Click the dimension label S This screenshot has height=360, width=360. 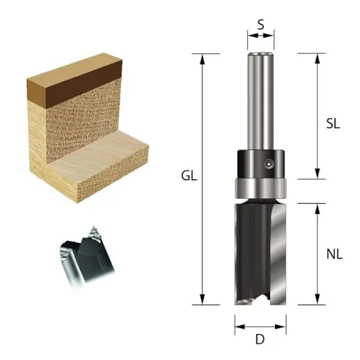pyautogui.click(x=261, y=24)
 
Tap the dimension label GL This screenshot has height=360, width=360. pyautogui.click(x=189, y=176)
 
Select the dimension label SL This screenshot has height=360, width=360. pyautogui.click(x=333, y=124)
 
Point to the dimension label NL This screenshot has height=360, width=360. pyautogui.click(x=335, y=254)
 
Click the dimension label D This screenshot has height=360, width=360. pyautogui.click(x=260, y=339)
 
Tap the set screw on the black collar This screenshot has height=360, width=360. pyautogui.click(x=269, y=164)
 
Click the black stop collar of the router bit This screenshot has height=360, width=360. pyautogui.click(x=261, y=164)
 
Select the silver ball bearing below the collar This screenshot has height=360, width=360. pyautogui.click(x=261, y=189)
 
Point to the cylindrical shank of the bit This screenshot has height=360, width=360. pyautogui.click(x=261, y=102)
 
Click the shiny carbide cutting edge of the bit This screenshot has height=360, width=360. pyautogui.click(x=279, y=255)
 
